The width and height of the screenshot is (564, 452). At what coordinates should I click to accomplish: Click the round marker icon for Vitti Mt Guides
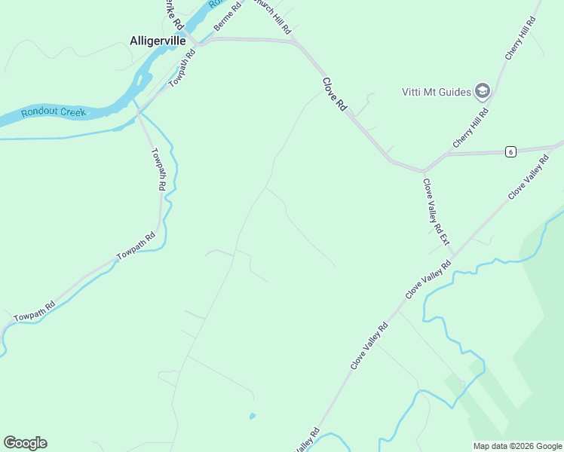click(483, 92)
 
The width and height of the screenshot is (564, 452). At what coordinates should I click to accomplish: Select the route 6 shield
click(510, 152)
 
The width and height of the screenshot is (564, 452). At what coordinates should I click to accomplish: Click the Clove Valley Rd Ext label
click(436, 212)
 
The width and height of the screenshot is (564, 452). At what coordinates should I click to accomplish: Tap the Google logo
click(25, 443)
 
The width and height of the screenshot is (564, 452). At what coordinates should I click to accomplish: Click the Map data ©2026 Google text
click(517, 446)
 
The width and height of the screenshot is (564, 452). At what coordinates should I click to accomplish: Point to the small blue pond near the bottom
click(252, 415)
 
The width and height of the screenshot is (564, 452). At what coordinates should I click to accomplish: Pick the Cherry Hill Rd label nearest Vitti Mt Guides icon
click(471, 127)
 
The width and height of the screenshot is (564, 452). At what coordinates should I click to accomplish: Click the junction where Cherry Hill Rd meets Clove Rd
click(425, 170)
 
